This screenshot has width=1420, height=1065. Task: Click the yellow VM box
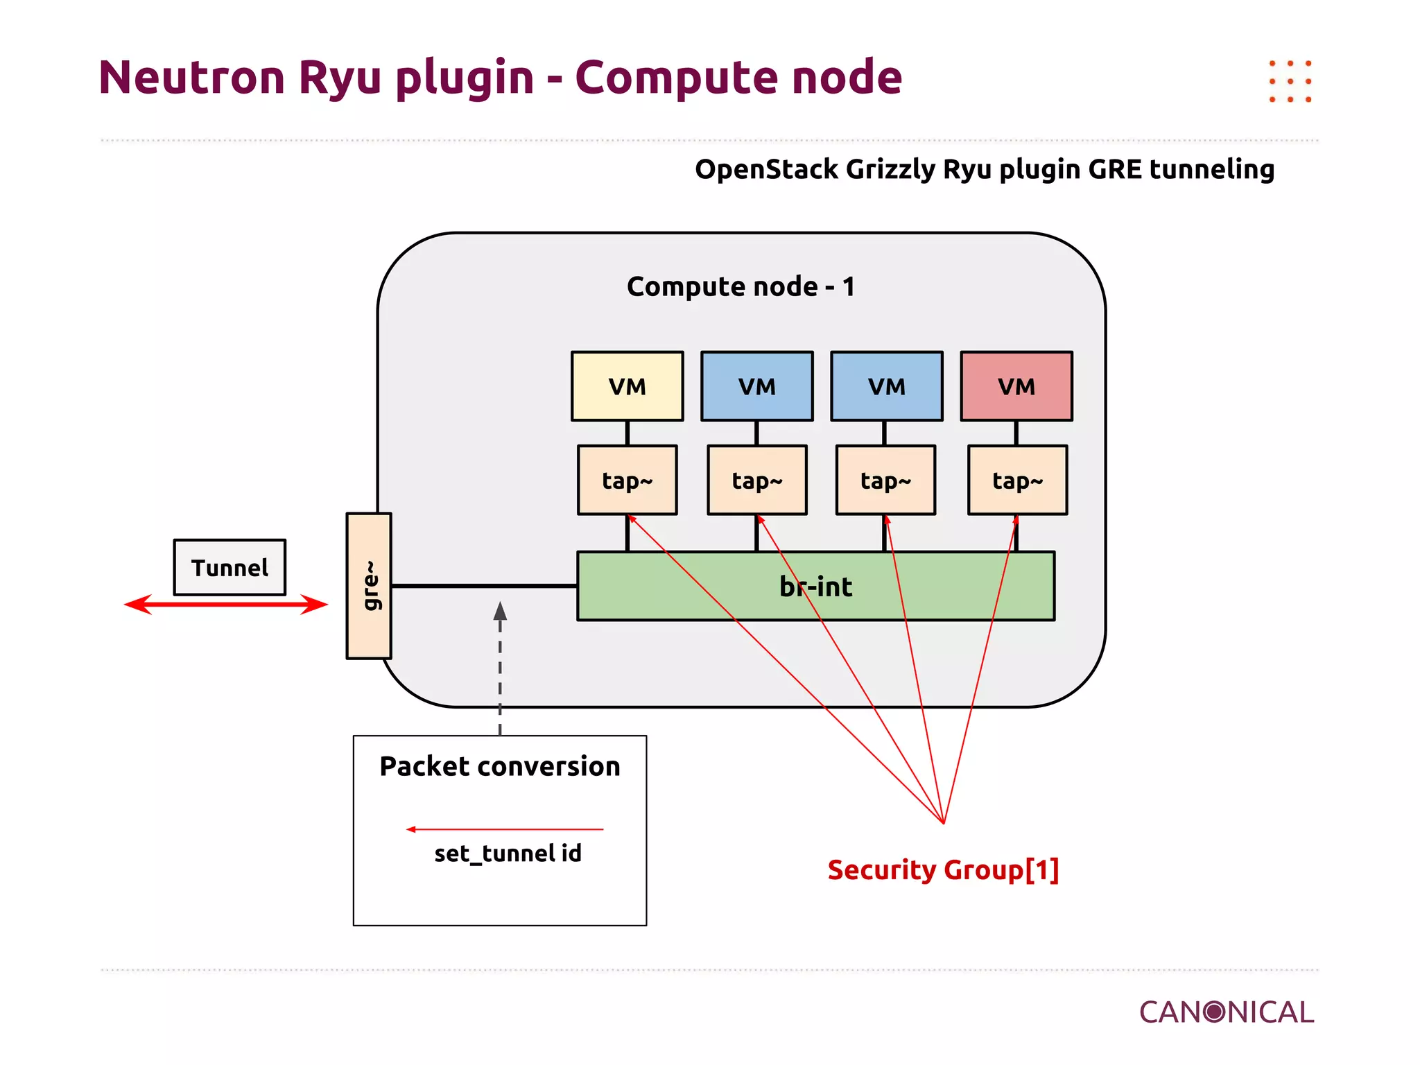627,386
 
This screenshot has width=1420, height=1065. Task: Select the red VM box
1016,386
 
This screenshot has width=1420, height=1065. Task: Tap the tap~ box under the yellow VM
627,480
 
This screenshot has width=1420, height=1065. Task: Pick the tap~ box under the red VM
1017,480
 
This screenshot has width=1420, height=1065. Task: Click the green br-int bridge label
815,587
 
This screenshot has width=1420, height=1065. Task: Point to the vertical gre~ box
369,586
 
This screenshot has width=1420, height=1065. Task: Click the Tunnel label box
230,567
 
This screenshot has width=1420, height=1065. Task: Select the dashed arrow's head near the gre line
500,612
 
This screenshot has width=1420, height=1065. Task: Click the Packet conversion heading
499,766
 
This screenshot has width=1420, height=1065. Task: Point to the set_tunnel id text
508,854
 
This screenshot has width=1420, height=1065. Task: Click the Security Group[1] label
943,869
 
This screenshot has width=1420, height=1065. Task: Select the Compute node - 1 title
741,286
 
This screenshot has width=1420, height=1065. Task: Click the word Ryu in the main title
340,78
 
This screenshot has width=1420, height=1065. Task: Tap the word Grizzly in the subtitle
890,169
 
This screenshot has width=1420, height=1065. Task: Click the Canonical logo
1226,1012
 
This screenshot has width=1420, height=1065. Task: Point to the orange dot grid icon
1290,81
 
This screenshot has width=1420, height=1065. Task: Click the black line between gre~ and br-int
484,586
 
